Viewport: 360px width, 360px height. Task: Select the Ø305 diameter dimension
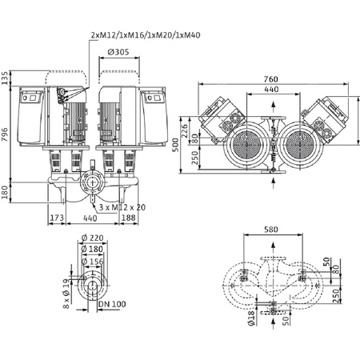(118, 54)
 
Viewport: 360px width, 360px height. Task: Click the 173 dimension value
(57, 217)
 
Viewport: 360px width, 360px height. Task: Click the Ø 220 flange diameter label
(97, 238)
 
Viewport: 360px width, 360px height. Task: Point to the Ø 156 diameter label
(97, 260)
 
